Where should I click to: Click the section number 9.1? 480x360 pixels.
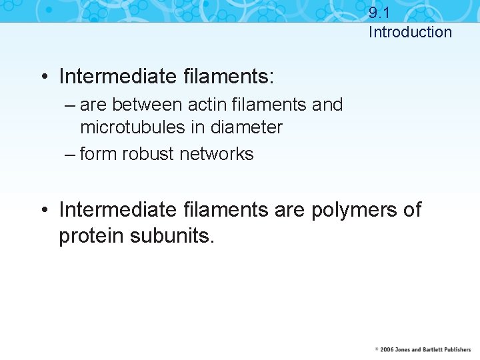point(379,12)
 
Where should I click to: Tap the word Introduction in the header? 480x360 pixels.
point(410,32)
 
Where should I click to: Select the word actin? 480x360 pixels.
point(207,105)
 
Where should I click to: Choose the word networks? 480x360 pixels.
point(218,154)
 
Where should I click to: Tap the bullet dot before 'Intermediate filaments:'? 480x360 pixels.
point(43,77)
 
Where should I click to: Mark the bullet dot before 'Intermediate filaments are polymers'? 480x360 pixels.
point(43,211)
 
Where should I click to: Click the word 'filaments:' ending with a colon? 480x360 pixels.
point(228,77)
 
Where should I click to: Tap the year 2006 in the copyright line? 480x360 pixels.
point(385,349)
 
